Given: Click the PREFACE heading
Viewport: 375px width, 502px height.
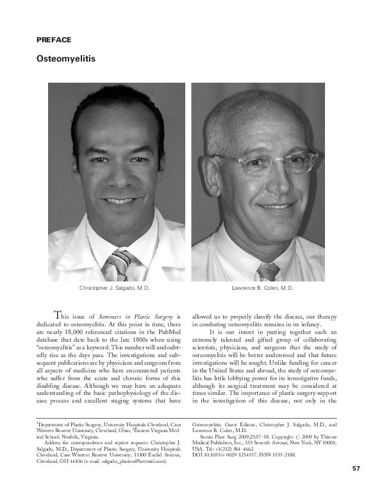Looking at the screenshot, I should click(54, 40).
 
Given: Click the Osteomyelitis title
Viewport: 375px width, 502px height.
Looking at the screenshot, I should click(65, 59).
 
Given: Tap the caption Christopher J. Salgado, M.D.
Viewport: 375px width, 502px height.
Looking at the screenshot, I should click(114, 289).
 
